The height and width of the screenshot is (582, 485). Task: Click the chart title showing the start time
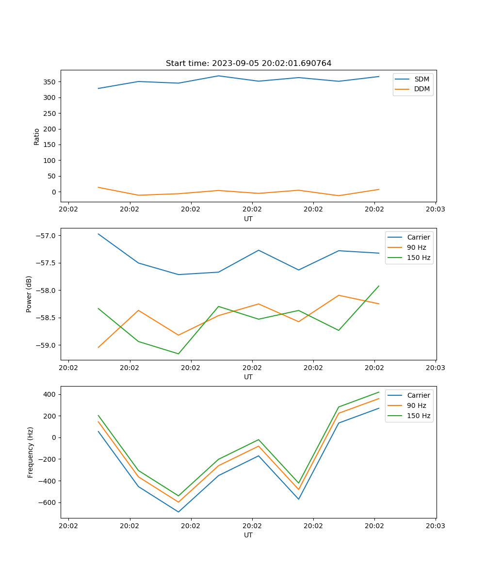248,64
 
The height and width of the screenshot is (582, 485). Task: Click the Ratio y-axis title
37,136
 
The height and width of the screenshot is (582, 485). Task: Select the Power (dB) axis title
29,294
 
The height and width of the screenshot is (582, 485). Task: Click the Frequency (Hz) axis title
30,453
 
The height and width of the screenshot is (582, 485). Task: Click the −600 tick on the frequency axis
47,502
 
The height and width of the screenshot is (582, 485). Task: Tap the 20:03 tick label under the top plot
435,210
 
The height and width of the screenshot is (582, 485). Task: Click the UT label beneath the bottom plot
248,535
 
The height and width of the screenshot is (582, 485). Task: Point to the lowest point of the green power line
178,354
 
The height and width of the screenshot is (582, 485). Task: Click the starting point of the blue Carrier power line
98,234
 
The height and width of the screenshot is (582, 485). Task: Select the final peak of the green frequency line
379,392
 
